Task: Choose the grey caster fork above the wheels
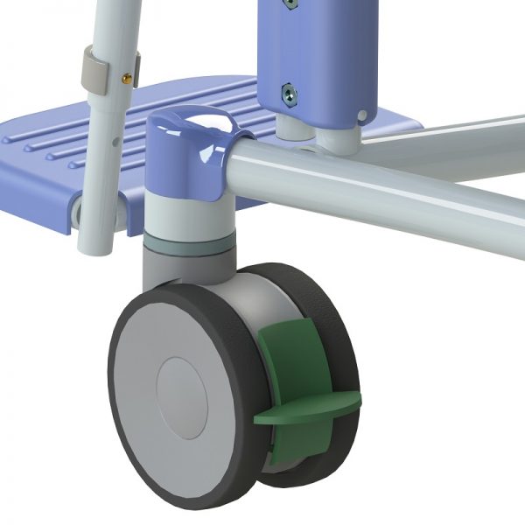[179, 266]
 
